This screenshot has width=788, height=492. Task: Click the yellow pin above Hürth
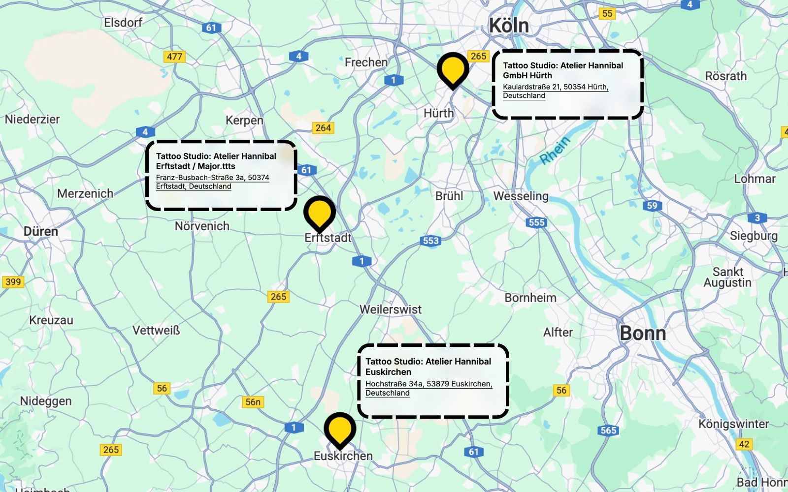tap(453, 69)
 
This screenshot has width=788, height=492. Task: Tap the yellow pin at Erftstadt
tap(320, 213)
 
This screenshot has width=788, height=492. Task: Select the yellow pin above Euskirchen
tap(340, 429)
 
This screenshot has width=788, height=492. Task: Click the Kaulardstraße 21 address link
tap(555, 91)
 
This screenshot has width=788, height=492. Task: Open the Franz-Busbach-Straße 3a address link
tap(212, 182)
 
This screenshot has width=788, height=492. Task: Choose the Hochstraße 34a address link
tap(428, 388)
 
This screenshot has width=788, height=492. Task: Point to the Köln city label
tap(509, 26)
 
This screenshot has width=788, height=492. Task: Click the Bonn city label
tap(643, 334)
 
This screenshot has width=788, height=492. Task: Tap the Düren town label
tap(41, 231)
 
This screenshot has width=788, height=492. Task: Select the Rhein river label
tap(555, 150)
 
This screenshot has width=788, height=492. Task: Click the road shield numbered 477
tap(174, 57)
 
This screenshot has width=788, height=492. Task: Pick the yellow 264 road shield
tap(323, 128)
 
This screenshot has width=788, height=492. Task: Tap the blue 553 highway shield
tap(431, 241)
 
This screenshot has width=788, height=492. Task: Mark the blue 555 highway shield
tap(536, 222)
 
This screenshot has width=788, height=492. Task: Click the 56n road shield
tap(253, 402)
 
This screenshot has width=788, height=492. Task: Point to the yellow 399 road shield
tap(13, 282)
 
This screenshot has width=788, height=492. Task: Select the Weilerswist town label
tap(391, 309)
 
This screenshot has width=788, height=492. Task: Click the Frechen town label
tap(366, 62)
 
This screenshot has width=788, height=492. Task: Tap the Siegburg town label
tap(754, 236)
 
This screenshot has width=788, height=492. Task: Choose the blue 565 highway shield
tap(608, 430)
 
